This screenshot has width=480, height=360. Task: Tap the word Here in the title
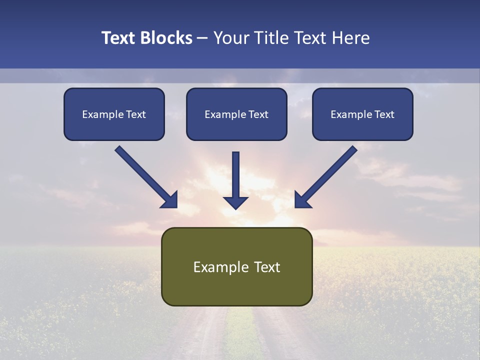pos(349,38)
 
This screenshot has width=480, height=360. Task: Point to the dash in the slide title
pos(203,38)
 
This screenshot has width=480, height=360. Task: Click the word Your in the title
pos(230,38)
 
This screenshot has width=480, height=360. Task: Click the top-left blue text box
pos(114,114)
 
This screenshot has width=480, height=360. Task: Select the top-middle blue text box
pos(236,114)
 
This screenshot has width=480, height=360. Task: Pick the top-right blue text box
pos(362,114)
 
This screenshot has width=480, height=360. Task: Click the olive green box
pos(236,266)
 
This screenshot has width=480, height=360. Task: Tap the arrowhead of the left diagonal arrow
pos(170,200)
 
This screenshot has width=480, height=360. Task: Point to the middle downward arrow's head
pos(235,202)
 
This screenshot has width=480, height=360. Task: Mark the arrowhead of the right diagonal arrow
pos(301,200)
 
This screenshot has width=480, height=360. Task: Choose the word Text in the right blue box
pos(384,114)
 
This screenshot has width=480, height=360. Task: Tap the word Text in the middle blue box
pos(258,114)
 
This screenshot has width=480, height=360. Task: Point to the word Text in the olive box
pos(267,267)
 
